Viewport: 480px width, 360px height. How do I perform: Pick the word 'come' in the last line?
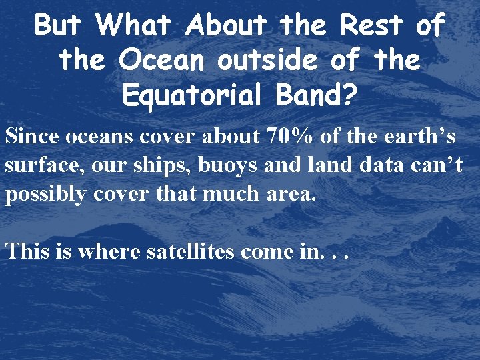coord(268,252)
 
